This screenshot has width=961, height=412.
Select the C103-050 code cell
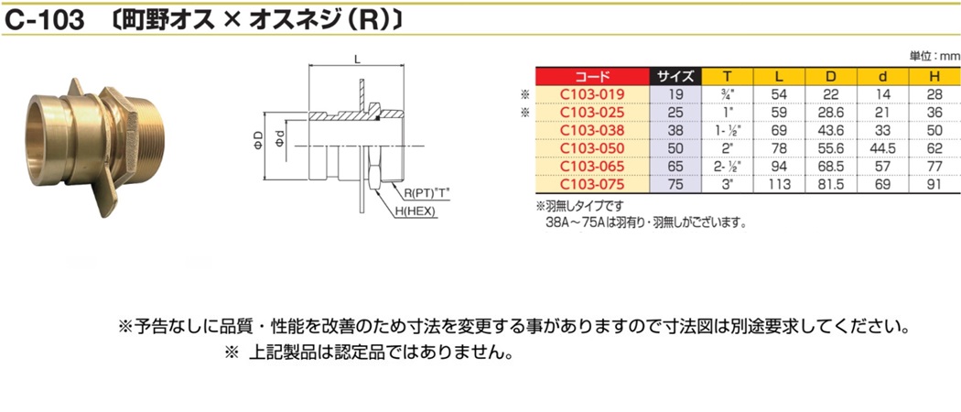pos(592,147)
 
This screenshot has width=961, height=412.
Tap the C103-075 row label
pos(592,184)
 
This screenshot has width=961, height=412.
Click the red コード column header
pos(592,77)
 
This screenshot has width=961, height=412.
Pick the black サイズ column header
pos(676,77)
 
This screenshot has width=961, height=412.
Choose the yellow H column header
pos(934,77)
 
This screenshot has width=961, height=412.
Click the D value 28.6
pos(830,113)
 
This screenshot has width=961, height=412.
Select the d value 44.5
pos(882,147)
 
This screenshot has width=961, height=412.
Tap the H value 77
pos(934,166)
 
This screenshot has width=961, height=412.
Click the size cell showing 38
pos(676,130)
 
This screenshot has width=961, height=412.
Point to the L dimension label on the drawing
pos(356,59)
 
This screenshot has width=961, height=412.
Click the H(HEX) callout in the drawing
pos(415,211)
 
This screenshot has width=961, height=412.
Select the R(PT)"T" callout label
pos(427,194)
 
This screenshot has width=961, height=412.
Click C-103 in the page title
pos(44,21)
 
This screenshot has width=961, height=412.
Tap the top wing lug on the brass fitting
pos(76,87)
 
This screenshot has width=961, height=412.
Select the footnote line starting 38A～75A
pos(646,222)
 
